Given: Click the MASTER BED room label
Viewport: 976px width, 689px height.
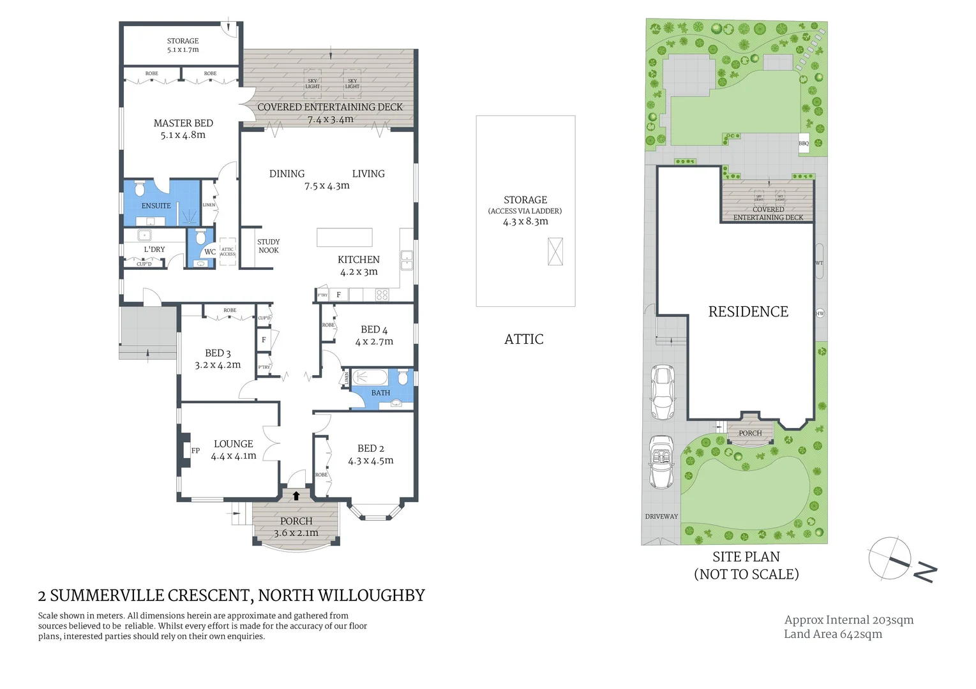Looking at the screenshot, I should click(x=183, y=123).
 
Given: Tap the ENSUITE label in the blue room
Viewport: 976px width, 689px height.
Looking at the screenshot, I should click(x=156, y=205).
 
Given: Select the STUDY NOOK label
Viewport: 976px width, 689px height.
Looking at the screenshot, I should click(x=268, y=246).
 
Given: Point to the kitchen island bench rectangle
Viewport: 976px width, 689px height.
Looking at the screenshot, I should click(x=344, y=237).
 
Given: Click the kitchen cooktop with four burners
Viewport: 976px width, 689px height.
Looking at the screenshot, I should click(x=382, y=295).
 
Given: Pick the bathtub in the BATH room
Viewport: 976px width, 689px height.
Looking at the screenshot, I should click(x=370, y=376).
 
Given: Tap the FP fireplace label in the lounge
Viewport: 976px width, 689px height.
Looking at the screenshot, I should click(x=195, y=450).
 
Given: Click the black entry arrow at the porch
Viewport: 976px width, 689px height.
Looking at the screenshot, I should click(x=296, y=495).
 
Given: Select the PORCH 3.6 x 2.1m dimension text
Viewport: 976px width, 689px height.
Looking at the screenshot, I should click(x=296, y=533).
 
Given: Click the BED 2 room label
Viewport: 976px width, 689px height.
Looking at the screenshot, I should click(x=370, y=448).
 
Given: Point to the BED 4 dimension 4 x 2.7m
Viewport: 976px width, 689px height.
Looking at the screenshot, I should click(x=374, y=342).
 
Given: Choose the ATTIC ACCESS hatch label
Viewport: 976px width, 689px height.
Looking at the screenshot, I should click(x=227, y=252).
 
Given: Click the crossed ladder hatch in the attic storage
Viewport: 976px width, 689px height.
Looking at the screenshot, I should click(x=555, y=251).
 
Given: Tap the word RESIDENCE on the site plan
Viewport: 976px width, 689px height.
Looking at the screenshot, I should click(x=748, y=311).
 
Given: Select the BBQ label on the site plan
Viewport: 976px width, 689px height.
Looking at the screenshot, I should click(x=804, y=144).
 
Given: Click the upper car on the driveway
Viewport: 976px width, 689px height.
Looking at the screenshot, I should click(x=663, y=392).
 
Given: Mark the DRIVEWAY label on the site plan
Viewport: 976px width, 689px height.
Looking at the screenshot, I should click(x=661, y=516).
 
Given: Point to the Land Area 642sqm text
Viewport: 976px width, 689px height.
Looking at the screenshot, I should click(x=833, y=634).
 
